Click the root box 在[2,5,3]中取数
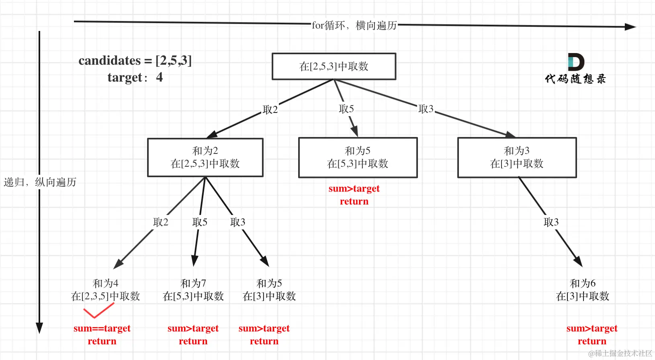(x=334, y=66)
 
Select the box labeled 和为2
(x=205, y=157)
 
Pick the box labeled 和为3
(x=517, y=157)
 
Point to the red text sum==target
(x=102, y=328)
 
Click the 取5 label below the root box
(x=346, y=109)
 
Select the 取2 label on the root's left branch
(x=270, y=110)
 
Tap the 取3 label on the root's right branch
(x=426, y=109)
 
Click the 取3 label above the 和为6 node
(x=551, y=222)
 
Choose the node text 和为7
(x=193, y=283)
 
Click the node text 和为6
(x=583, y=283)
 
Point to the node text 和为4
(x=105, y=283)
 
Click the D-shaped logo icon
(x=575, y=62)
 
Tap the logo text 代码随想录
(x=575, y=79)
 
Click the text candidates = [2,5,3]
(x=135, y=61)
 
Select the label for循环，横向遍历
(x=354, y=25)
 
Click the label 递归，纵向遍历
(x=40, y=182)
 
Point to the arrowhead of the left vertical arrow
(x=39, y=327)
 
